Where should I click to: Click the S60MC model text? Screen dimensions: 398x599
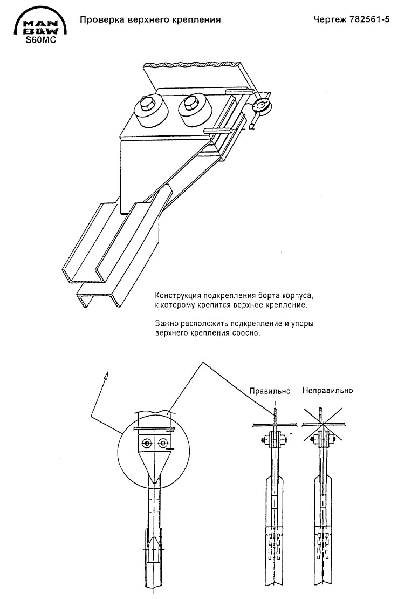(40, 39)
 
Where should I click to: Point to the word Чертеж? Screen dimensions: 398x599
(328, 19)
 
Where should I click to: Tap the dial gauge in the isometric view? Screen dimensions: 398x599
(261, 105)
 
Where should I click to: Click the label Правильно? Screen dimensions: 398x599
(270, 391)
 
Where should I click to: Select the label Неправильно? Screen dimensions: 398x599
(327, 391)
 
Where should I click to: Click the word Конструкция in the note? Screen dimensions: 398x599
(178, 296)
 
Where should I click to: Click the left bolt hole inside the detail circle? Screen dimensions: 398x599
(147, 443)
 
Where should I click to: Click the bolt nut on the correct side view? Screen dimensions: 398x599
(264, 440)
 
